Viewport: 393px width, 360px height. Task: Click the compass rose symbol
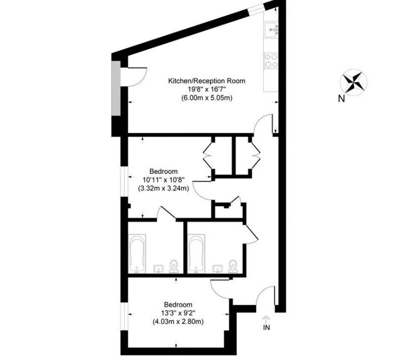353,83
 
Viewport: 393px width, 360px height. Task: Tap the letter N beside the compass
341,99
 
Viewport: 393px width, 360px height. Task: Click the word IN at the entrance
266,327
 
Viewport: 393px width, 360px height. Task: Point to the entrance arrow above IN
266,319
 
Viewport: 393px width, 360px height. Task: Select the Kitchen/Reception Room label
206,81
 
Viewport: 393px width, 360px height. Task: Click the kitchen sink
272,29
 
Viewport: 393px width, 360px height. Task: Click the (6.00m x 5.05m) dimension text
207,98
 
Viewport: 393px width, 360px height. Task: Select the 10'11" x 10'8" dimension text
164,180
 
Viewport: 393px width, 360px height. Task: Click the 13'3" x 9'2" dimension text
178,313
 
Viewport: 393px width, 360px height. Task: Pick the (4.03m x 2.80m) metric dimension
178,321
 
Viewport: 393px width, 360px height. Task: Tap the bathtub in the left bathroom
137,253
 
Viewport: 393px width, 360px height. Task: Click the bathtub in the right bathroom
196,253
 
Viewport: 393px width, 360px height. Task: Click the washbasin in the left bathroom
158,269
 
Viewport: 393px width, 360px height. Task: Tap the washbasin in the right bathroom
218,269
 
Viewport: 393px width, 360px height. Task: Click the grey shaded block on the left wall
116,88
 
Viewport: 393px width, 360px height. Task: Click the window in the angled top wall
256,9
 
